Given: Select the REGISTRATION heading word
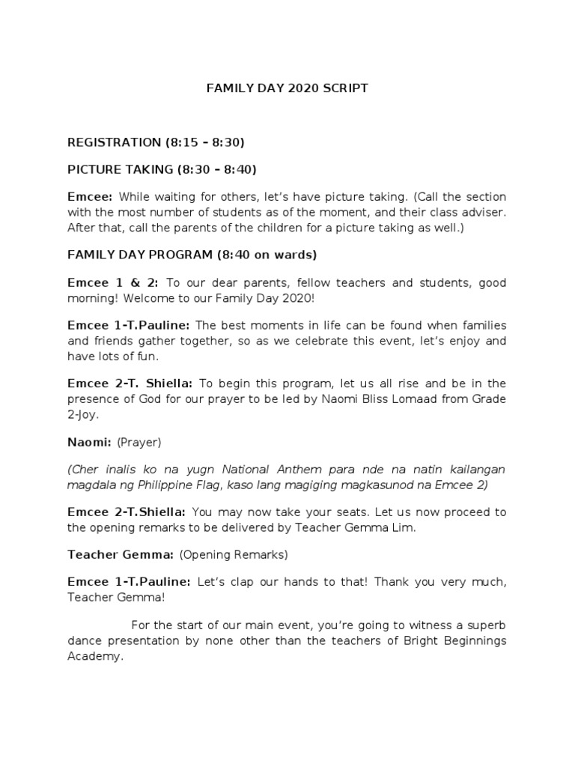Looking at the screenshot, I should pos(112,142).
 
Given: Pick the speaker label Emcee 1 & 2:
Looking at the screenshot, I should pos(112,283).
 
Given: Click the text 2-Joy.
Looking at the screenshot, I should pos(82,413).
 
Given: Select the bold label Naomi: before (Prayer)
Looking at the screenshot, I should pos(89,441).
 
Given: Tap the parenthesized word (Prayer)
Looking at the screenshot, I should pos(139,441).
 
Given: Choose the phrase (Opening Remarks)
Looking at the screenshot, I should pos(234,555).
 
